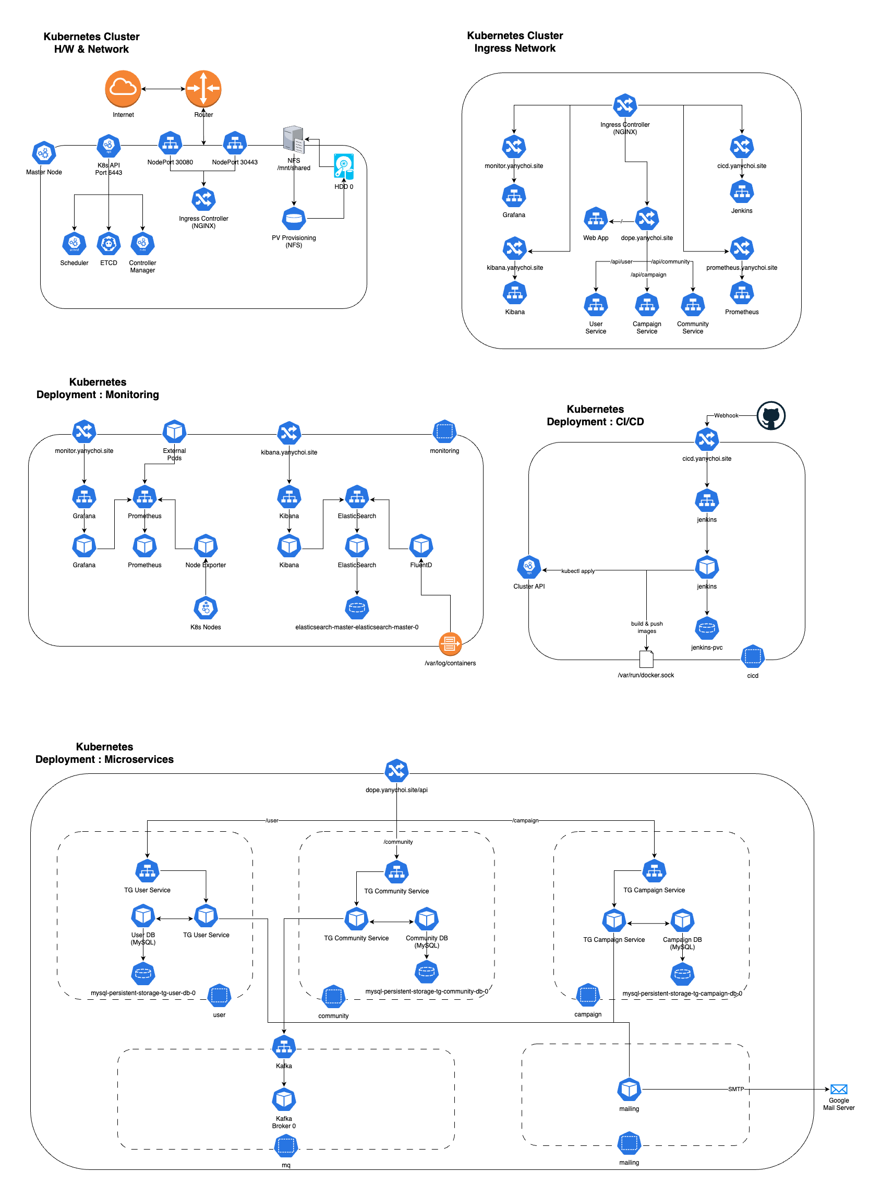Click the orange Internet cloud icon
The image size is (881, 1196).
123,88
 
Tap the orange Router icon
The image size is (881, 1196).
203,88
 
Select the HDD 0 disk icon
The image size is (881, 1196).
343,166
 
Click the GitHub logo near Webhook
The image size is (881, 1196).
770,415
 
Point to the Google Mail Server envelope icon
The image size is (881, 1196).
838,1089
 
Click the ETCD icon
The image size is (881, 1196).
109,244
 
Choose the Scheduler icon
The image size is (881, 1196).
74,244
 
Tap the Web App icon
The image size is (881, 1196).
596,219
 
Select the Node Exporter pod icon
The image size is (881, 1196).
206,546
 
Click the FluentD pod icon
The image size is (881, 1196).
421,546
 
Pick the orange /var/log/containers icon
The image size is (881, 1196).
450,644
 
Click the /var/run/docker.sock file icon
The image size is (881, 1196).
646,660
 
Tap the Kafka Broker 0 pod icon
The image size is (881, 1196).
284,1099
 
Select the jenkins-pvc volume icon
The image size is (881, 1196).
707,628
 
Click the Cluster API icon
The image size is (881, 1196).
529,567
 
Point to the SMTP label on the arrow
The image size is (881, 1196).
736,1089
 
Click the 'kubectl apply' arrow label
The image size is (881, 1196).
577,571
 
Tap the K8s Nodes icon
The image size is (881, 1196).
206,607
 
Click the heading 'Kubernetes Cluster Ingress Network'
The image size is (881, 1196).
515,42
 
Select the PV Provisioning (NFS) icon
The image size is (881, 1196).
294,219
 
